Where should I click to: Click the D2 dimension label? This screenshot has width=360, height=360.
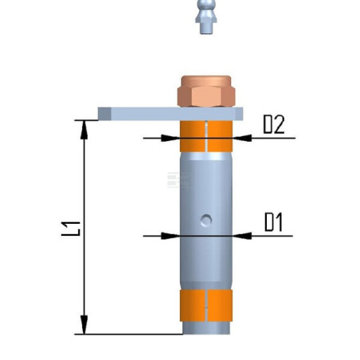coord(274,124)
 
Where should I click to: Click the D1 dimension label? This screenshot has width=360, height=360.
coord(273,222)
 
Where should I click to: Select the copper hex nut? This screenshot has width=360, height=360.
coord(206,92)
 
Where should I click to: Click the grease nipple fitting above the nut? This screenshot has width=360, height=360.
coord(206,17)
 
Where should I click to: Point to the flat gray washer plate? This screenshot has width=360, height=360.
coord(170,114)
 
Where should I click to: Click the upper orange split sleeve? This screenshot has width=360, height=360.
coord(206,136)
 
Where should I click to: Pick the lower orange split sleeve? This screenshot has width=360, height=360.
coord(206,306)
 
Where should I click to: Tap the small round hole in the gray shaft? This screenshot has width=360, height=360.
coord(206,220)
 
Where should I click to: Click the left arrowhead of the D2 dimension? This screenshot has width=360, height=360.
coord(170,138)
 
